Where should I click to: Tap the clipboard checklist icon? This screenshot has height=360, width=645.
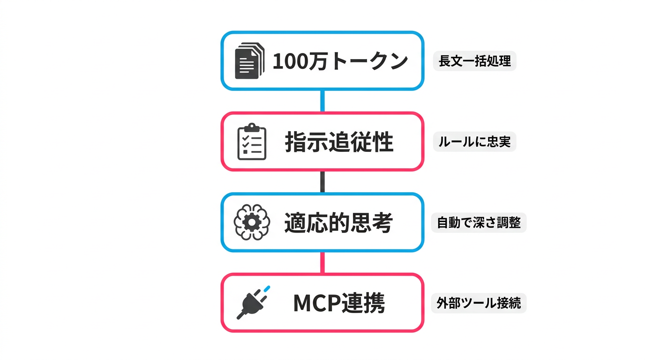(x=252, y=142)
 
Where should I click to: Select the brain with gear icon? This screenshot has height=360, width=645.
(x=252, y=222)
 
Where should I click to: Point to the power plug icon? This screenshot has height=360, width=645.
(x=252, y=304)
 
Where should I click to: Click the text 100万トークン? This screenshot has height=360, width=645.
(x=340, y=61)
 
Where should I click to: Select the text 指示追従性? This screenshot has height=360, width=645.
(x=339, y=142)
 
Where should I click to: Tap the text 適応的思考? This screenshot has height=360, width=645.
(x=338, y=223)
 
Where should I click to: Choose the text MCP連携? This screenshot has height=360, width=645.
(x=339, y=304)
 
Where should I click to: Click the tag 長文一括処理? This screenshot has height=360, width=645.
(x=474, y=61)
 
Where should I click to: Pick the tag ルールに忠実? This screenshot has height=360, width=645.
(x=474, y=142)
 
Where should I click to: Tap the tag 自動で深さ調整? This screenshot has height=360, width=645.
(x=479, y=223)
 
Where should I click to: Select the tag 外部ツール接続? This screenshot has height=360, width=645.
(x=479, y=303)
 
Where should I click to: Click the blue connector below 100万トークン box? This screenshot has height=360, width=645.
(x=322, y=101)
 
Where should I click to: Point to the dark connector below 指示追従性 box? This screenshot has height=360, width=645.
(x=322, y=181)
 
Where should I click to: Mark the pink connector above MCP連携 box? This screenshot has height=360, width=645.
(x=322, y=262)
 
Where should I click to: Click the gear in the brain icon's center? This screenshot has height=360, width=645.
(x=252, y=223)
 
